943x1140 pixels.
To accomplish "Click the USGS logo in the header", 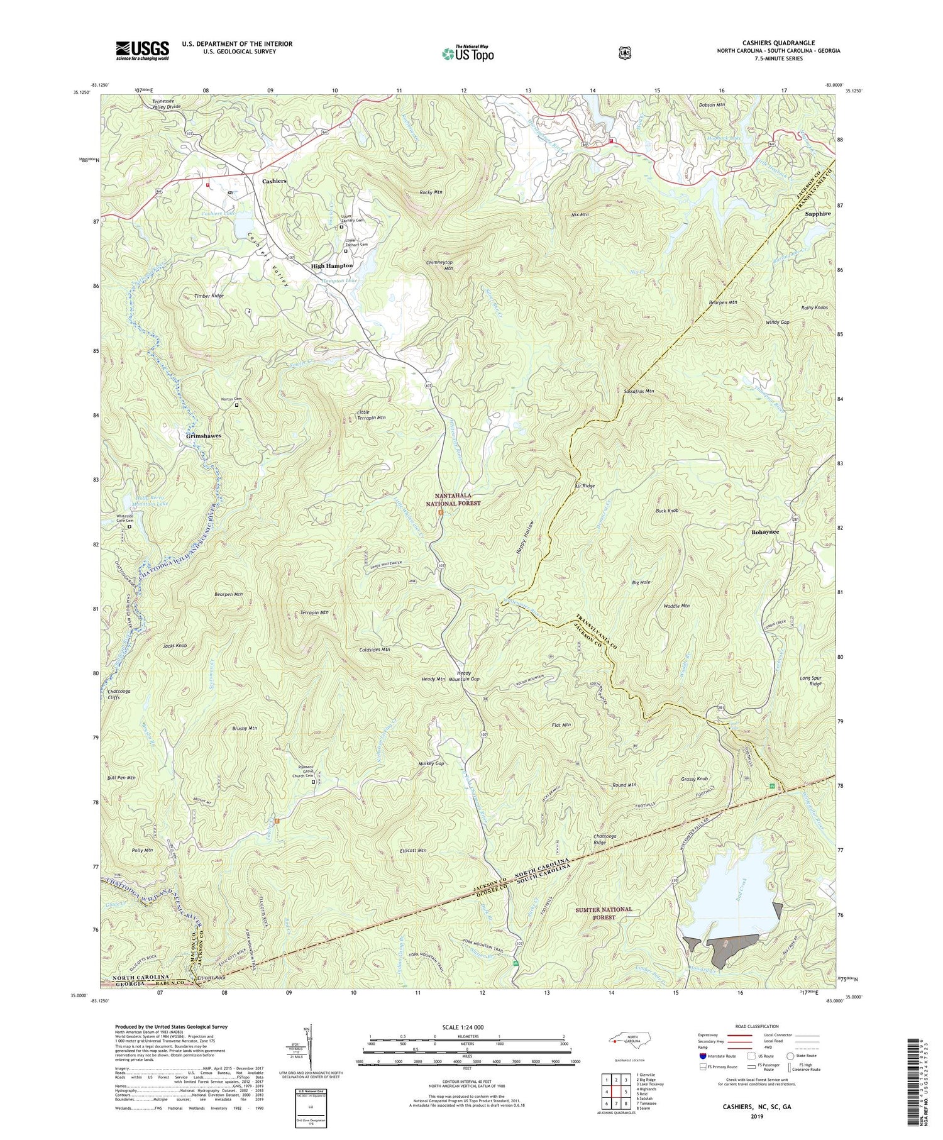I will (x=142, y=50).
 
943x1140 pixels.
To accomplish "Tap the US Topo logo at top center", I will (x=468, y=53).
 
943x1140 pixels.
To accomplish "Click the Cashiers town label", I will (x=274, y=180).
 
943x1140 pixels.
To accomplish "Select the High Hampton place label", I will (x=332, y=266).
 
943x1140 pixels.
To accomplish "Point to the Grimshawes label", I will (x=204, y=436).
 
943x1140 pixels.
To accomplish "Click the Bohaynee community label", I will (x=765, y=532).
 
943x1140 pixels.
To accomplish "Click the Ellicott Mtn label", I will (x=413, y=850).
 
